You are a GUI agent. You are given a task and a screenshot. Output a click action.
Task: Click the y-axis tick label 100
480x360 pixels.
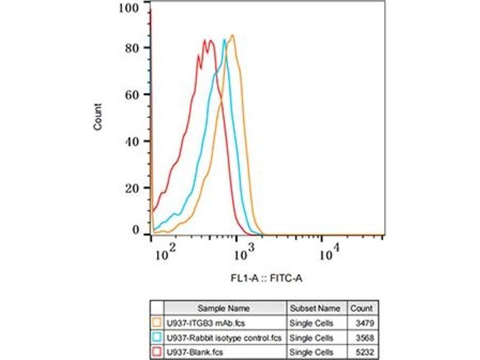[131, 7]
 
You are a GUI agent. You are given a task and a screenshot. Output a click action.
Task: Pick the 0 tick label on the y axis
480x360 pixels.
[136, 230]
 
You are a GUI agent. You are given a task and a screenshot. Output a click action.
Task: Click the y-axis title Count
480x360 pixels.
[98, 117]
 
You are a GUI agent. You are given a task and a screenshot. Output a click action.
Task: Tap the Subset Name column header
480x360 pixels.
[315, 308]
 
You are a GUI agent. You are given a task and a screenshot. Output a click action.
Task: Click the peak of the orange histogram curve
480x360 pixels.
[232, 35]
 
